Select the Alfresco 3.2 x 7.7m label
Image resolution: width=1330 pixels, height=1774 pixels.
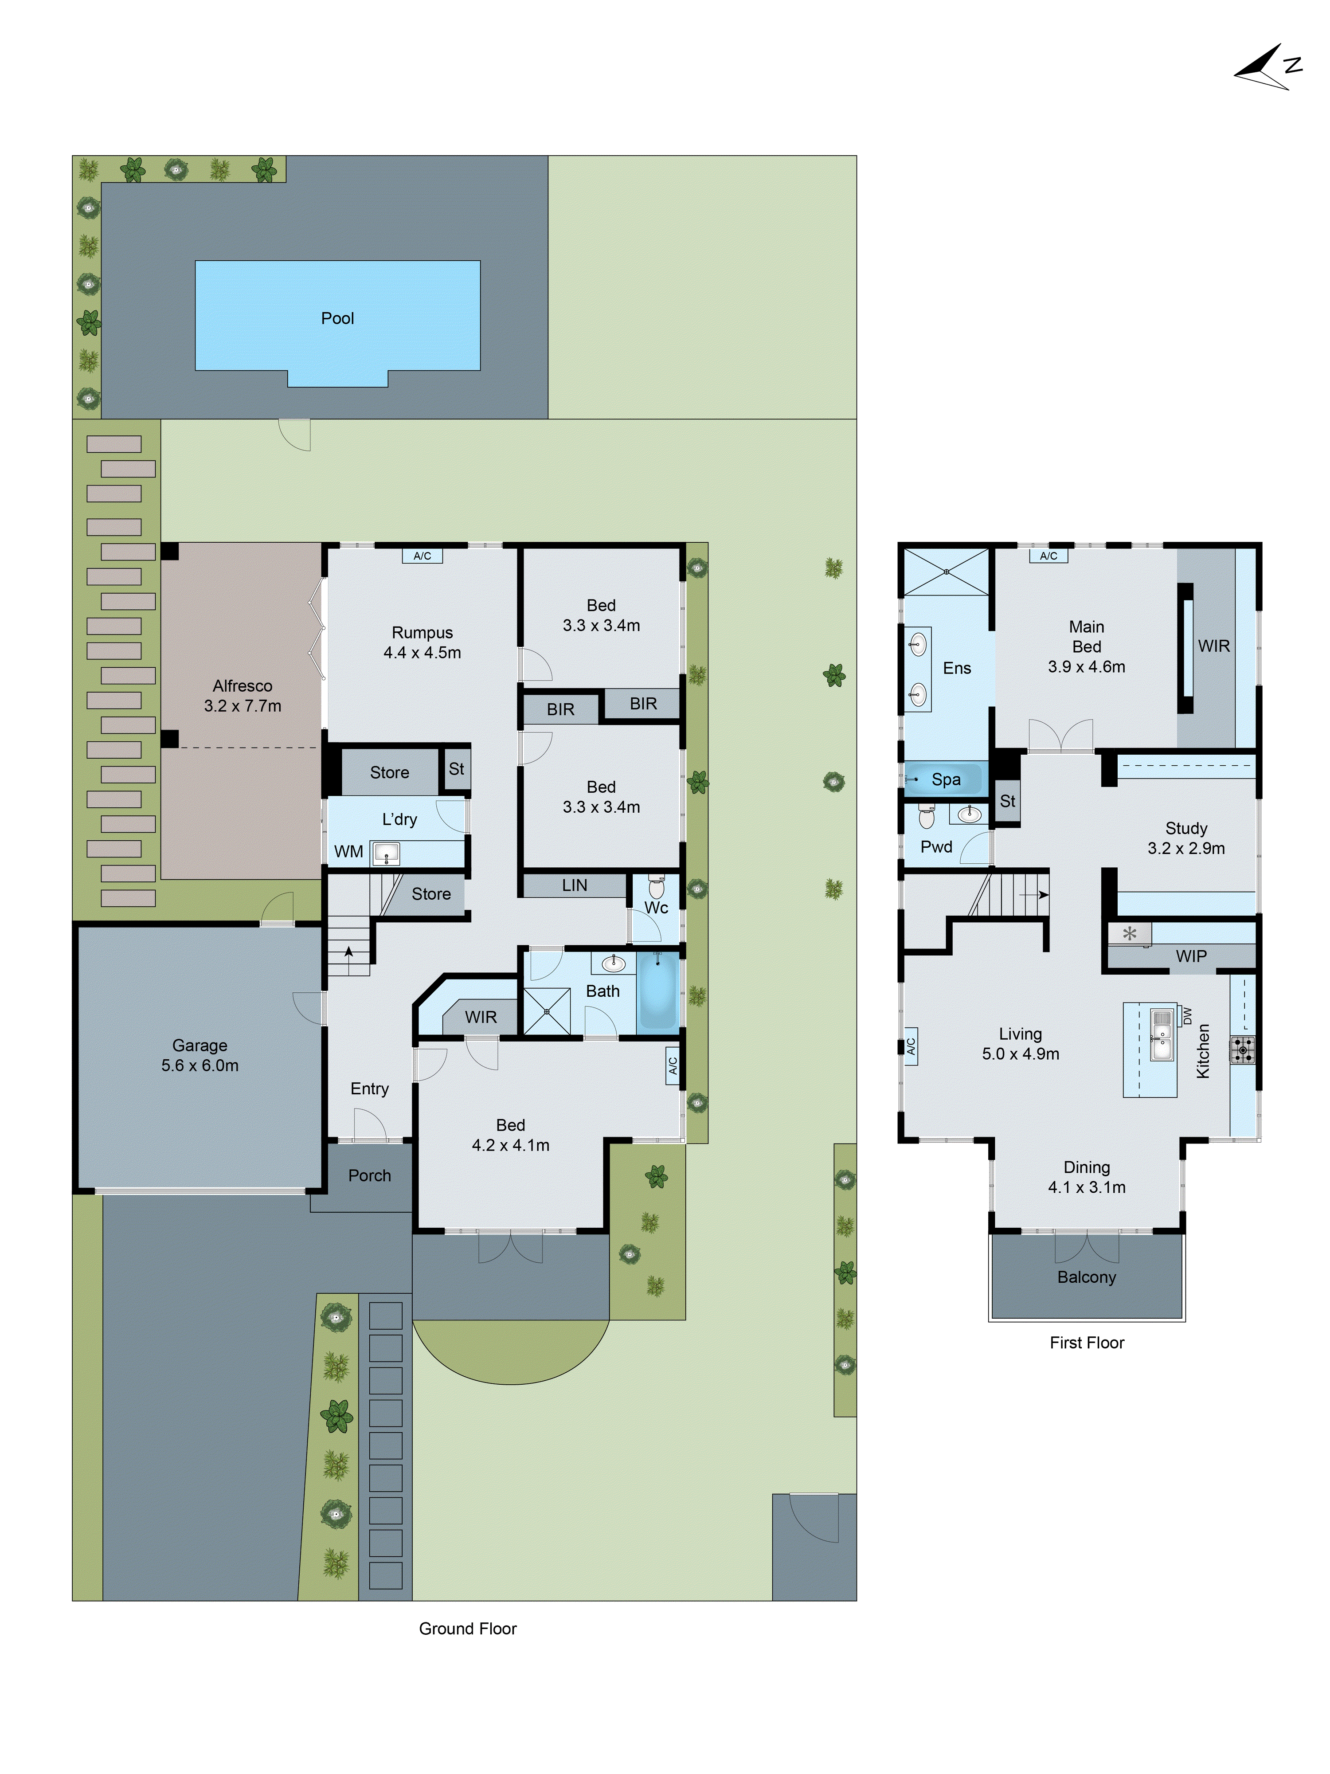242,695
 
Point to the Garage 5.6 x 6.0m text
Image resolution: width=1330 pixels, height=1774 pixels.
199,1055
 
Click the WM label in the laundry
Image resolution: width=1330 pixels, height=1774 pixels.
348,852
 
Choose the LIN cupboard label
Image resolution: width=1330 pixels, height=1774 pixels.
574,885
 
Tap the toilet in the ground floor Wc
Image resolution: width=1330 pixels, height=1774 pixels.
656,886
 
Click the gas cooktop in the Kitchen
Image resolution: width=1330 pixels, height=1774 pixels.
1243,1049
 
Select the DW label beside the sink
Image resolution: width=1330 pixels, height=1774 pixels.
1187,1015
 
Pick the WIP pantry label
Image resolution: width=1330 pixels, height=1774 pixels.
1190,956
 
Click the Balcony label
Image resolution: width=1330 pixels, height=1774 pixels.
1086,1277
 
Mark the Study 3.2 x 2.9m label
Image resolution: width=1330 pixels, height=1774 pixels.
1186,838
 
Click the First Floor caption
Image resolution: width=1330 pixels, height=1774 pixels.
1086,1343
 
